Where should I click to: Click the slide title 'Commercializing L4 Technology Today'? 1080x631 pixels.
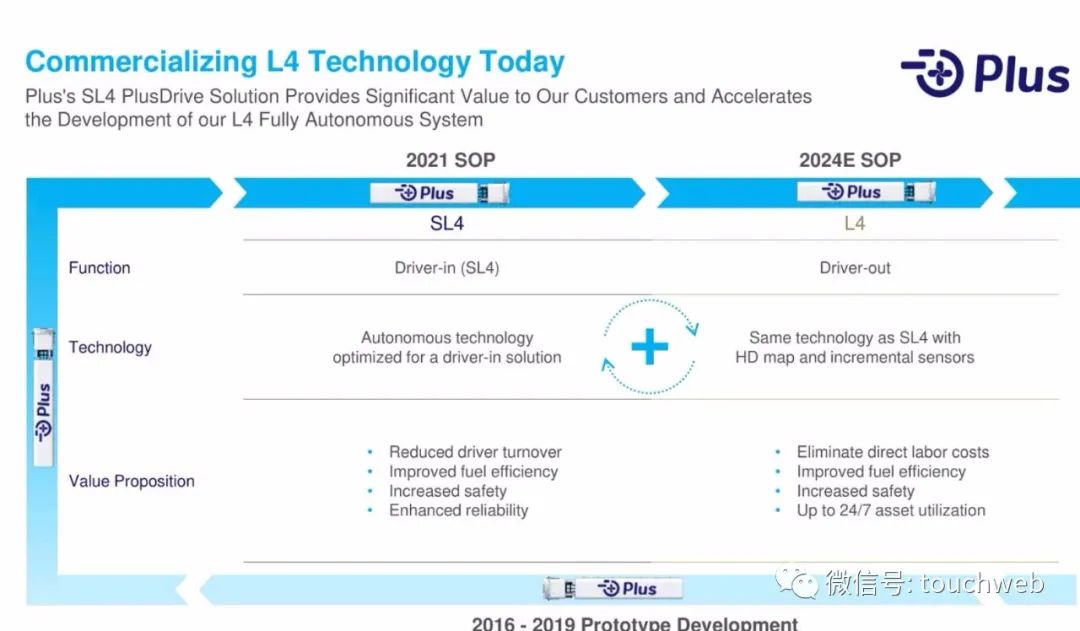(295, 62)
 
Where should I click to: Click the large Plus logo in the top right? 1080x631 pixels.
(985, 72)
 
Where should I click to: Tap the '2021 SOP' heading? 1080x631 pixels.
(450, 160)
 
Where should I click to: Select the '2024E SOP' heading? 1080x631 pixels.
(850, 160)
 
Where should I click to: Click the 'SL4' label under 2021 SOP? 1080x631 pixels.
(447, 223)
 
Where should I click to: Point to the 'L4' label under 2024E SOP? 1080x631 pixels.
(854, 223)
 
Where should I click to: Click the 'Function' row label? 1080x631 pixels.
(99, 268)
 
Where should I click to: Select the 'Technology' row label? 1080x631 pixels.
(110, 347)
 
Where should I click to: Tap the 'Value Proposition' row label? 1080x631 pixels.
(132, 481)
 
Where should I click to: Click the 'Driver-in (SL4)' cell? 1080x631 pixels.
(447, 268)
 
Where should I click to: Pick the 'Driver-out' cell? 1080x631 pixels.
(855, 268)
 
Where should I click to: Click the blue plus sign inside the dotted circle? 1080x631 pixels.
(650, 346)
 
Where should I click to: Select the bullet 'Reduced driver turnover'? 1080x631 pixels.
(475, 452)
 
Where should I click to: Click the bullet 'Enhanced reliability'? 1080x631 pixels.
(459, 510)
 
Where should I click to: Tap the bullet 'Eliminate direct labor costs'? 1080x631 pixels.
(893, 452)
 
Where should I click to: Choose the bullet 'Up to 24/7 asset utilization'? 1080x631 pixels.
(891, 510)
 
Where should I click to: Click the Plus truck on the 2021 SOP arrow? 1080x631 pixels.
(439, 193)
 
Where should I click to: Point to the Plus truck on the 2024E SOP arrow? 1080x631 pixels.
(866, 192)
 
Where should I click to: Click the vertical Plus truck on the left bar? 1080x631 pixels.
(43, 397)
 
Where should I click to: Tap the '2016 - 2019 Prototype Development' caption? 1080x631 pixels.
(634, 623)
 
